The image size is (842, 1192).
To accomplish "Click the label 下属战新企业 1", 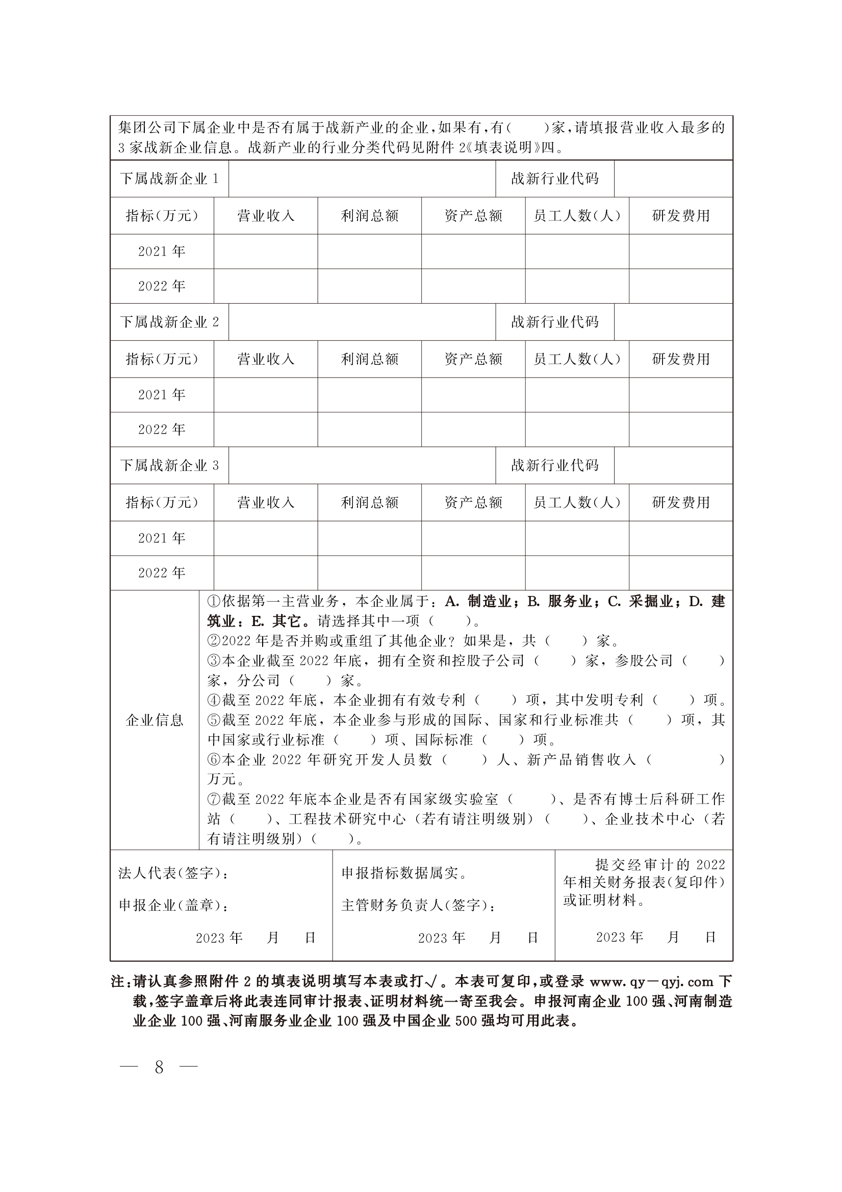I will pyautogui.click(x=169, y=179).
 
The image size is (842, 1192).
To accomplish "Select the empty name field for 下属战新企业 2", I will pyautogui.click(x=362, y=322).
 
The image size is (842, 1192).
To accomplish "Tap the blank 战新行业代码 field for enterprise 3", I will pyautogui.click(x=673, y=465).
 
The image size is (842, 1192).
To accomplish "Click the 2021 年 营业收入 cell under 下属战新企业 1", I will pyautogui.click(x=266, y=251).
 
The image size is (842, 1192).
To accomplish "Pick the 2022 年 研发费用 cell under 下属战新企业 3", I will pyautogui.click(x=681, y=573).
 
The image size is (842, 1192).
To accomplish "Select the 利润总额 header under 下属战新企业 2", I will pyautogui.click(x=369, y=359).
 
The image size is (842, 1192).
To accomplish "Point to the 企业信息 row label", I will pyautogui.click(x=155, y=720).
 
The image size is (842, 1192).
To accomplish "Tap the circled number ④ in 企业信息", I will pyautogui.click(x=214, y=701).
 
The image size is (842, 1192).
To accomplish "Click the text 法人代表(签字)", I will pyautogui.click(x=173, y=873).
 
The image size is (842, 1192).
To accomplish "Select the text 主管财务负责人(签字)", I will pyautogui.click(x=418, y=905).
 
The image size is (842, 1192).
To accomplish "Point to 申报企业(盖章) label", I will pyautogui.click(x=174, y=905).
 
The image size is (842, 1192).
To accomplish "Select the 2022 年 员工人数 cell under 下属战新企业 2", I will pyautogui.click(x=577, y=429).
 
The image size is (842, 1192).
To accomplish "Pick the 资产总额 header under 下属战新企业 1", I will pyautogui.click(x=473, y=216).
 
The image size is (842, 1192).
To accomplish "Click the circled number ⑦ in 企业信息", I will pyautogui.click(x=214, y=799).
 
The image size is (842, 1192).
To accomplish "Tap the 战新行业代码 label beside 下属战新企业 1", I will pyautogui.click(x=554, y=179).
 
